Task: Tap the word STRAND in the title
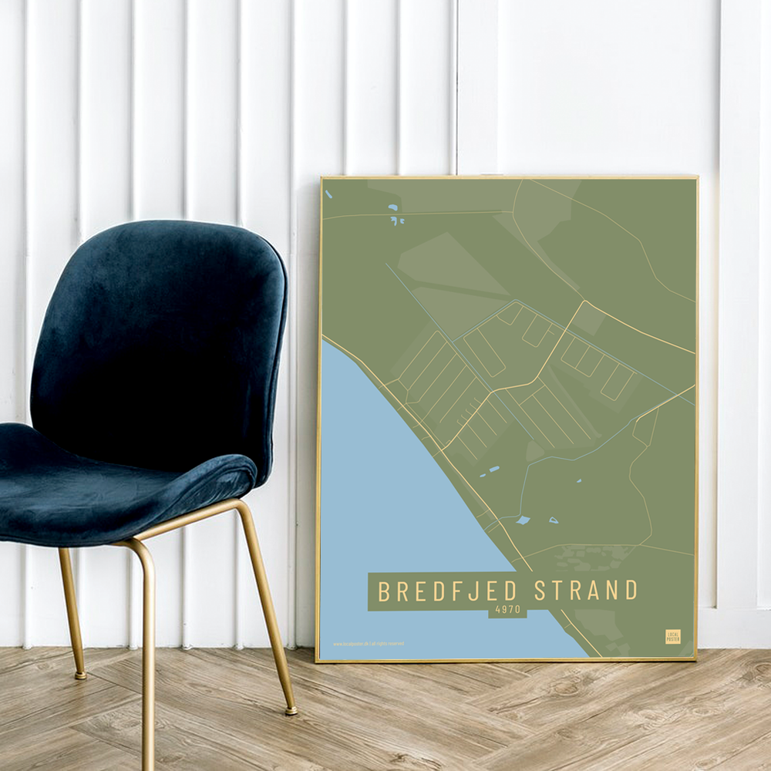[586, 591]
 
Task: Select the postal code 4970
[507, 609]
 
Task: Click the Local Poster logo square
[673, 636]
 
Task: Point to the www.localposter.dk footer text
[369, 644]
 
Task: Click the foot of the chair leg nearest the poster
[290, 710]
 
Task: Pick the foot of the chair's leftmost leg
[80, 675]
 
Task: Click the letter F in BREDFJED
[457, 591]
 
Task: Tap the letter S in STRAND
[540, 591]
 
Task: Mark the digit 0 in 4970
[517, 609]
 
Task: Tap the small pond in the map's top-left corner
[328, 194]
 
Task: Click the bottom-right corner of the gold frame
[695, 659]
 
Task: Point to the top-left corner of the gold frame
[322, 178]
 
